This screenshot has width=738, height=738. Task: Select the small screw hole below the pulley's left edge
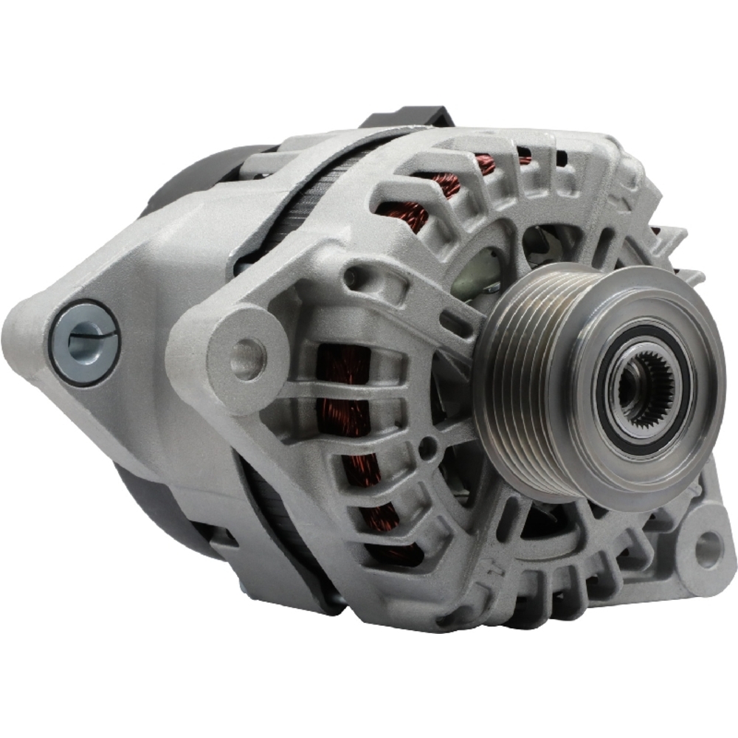pos(427,446)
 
